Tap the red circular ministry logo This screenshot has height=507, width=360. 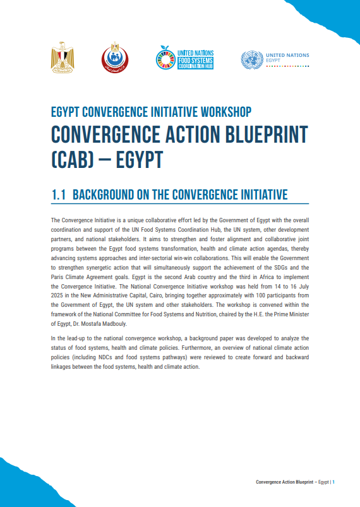(x=114, y=58)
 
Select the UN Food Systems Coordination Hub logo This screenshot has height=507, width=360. (x=184, y=59)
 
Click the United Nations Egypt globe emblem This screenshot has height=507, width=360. (x=251, y=60)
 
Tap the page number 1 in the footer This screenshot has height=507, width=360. (x=333, y=482)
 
